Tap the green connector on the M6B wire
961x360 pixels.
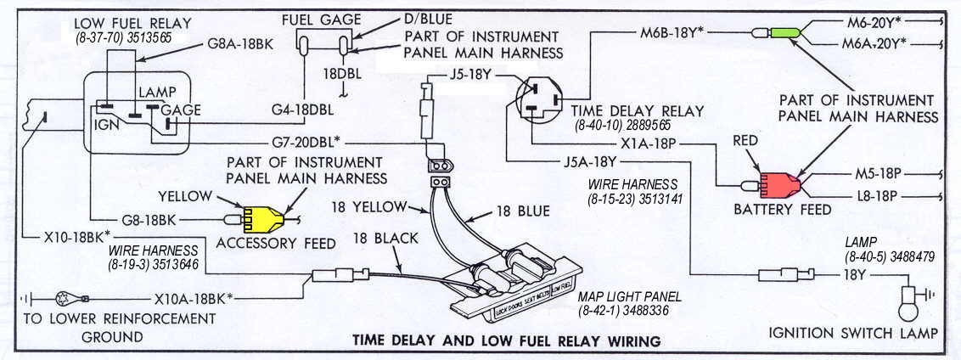pos(785,33)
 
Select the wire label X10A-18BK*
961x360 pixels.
pos(194,299)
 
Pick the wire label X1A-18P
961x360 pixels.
pos(649,143)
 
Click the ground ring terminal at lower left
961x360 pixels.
pos(64,299)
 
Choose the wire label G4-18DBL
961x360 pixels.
pos(302,109)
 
